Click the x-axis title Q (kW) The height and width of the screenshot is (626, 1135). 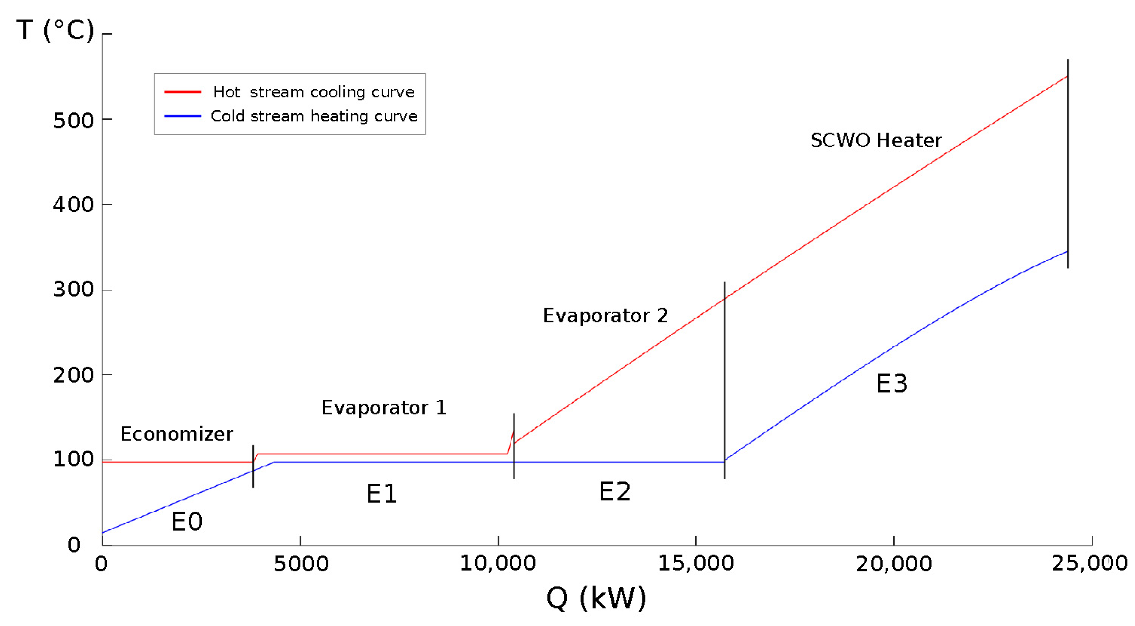click(596, 598)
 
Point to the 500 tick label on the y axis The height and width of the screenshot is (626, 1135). click(74, 120)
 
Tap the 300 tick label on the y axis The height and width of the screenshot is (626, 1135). click(74, 290)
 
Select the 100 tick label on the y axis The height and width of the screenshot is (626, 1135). click(74, 460)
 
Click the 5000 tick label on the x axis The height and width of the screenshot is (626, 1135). click(301, 564)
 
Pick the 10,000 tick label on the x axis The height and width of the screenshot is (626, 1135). click(498, 563)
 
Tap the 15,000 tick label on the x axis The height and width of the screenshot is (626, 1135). click(696, 563)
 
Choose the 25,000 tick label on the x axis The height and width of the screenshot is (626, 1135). click(1090, 563)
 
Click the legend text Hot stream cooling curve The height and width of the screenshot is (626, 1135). click(314, 92)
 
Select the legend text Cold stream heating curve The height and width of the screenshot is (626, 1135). click(314, 117)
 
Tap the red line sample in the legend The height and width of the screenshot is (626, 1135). click(182, 92)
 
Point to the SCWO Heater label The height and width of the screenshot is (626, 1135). click(876, 141)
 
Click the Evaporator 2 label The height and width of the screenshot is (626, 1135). click(605, 316)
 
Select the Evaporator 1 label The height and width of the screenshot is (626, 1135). click(384, 408)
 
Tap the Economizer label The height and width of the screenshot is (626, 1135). click(177, 434)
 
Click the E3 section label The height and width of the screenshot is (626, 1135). click(892, 384)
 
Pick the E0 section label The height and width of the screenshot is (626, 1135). click(187, 522)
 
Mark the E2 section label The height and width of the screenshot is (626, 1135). click(615, 492)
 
